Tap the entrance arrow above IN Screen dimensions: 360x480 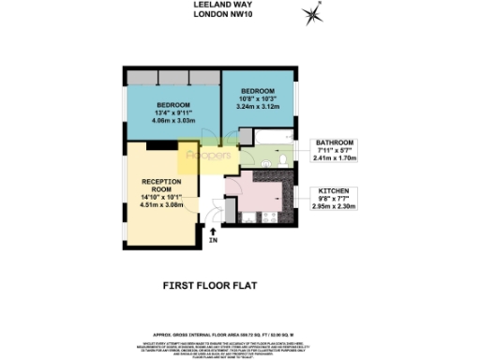point(214,230)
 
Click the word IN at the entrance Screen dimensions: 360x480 point(214,242)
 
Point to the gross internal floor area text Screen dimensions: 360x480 point(239,332)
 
